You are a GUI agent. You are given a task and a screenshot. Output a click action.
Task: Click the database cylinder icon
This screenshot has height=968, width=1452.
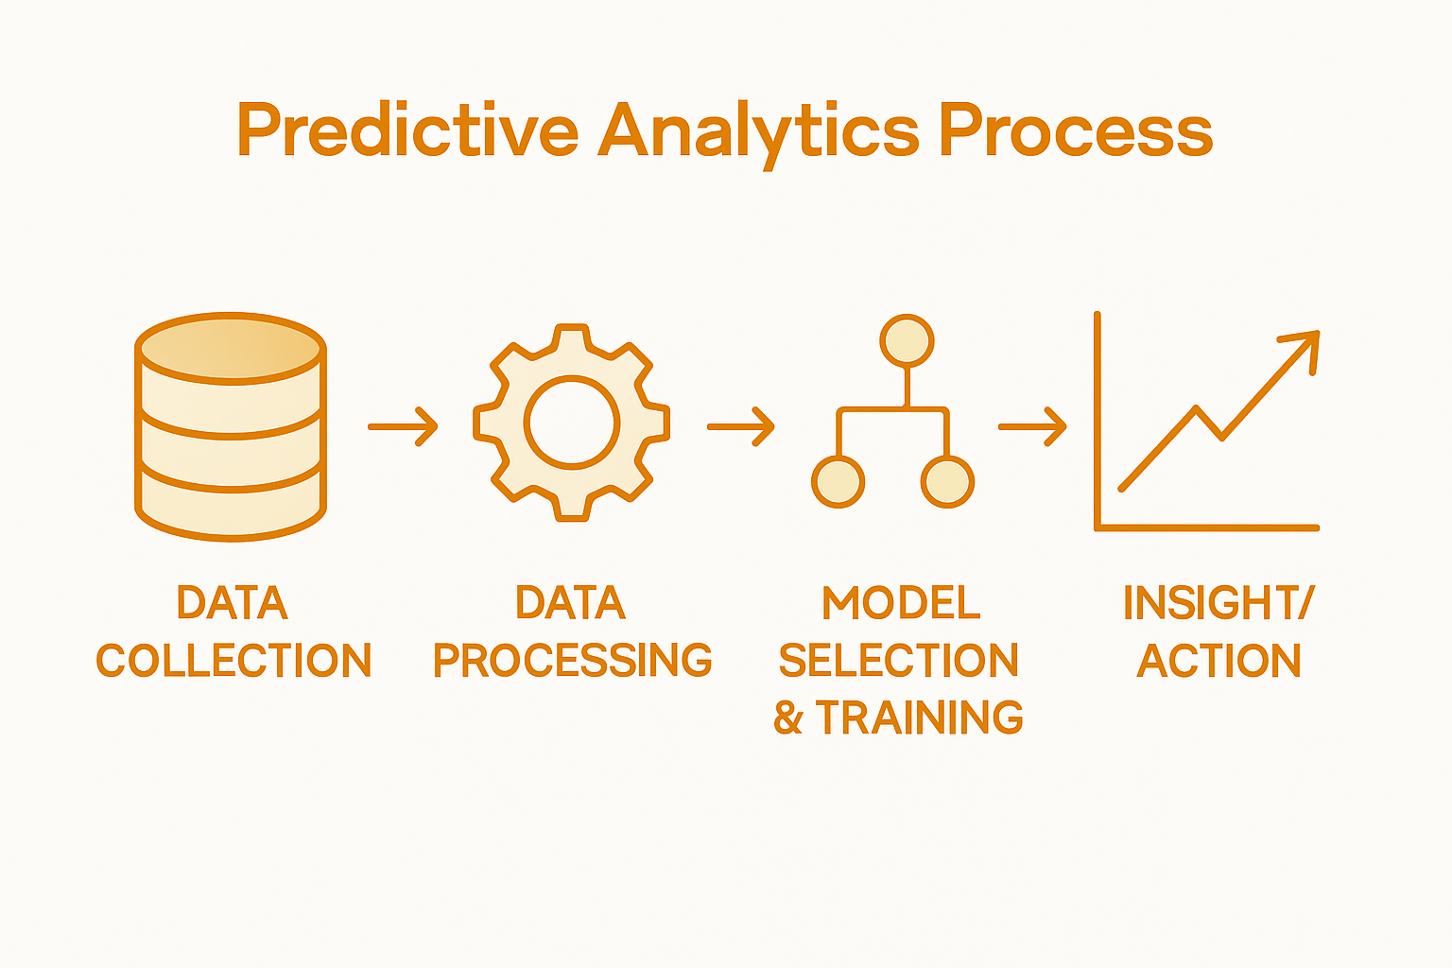click(232, 426)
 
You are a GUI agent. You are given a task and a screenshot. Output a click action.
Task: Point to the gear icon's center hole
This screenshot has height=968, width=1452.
click(572, 423)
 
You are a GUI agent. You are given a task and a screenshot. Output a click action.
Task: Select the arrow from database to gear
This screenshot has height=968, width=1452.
click(403, 426)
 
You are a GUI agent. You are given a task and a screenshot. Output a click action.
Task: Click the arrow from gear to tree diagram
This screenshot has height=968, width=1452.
click(741, 426)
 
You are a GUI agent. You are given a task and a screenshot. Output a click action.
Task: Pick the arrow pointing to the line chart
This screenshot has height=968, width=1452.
click(1032, 426)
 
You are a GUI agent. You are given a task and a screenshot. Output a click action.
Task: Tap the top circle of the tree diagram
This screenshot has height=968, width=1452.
click(907, 340)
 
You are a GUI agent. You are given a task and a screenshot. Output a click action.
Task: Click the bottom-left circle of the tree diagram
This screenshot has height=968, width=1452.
click(838, 481)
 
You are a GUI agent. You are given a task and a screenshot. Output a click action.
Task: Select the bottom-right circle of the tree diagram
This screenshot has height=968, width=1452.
click(947, 481)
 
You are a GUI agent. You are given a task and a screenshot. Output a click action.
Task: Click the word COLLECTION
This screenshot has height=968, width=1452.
click(233, 660)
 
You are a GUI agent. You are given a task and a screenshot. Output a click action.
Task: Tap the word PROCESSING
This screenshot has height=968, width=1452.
click(572, 660)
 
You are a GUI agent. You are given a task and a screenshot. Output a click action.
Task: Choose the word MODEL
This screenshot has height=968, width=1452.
click(901, 603)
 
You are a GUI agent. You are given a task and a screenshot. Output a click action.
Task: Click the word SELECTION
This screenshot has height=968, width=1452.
click(898, 660)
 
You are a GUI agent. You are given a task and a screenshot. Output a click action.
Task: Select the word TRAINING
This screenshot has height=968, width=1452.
click(919, 717)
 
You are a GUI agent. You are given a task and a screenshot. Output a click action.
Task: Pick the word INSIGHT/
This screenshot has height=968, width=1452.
click(1219, 603)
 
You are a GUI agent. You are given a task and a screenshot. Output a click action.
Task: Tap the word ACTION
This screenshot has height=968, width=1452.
click(1219, 660)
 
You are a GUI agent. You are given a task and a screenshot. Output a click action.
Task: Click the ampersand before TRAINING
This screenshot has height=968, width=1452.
click(788, 718)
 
